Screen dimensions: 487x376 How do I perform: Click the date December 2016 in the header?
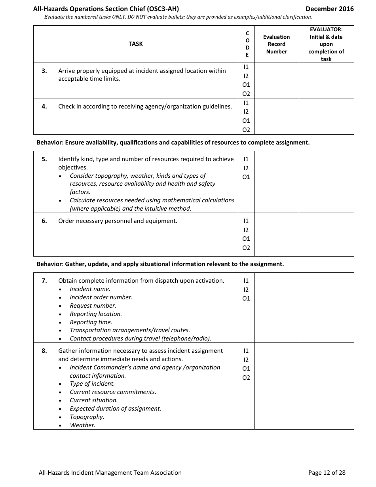[x=330, y=9]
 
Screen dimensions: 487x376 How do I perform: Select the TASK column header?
[x=135, y=44]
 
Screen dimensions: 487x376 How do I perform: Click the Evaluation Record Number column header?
[x=276, y=44]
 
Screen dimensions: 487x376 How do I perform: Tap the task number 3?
[x=44, y=71]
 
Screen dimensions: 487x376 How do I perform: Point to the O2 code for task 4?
[x=246, y=130]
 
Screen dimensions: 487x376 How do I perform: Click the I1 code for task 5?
[x=246, y=159]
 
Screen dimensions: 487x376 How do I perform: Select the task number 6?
[x=44, y=221]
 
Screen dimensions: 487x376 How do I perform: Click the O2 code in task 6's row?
[x=246, y=248]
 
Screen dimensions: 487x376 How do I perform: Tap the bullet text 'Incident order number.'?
[x=101, y=297]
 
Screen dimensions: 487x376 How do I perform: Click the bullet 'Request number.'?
[x=93, y=306]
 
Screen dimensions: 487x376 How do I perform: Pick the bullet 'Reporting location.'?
[x=96, y=314]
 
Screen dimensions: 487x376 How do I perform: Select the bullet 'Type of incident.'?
[x=92, y=384]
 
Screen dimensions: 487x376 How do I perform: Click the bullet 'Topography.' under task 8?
[x=87, y=417]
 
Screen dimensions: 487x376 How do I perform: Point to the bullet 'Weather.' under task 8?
[x=83, y=425]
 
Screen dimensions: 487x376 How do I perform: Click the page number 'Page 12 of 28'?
[x=327, y=472]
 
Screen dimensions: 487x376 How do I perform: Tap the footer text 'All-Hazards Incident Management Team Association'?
[x=110, y=472]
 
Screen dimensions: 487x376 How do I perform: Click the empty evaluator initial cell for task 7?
[x=326, y=308]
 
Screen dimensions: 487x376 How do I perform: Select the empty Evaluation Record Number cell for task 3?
[x=276, y=81]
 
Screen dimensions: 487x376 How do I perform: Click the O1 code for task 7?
[x=246, y=299]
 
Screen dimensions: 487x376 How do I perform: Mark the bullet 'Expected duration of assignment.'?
[x=116, y=409]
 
